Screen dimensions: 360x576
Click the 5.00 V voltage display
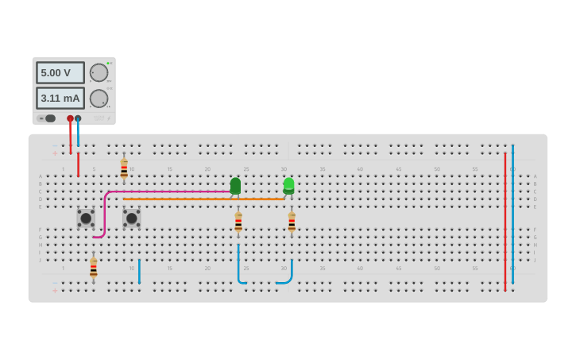tap(60, 73)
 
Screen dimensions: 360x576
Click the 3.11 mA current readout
tap(60, 99)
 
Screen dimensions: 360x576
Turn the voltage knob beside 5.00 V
tap(99, 73)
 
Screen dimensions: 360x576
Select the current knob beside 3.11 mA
tap(99, 99)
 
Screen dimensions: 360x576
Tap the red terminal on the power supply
tap(70, 118)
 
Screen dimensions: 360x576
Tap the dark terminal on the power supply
tap(78, 118)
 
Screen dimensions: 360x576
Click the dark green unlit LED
tap(235, 186)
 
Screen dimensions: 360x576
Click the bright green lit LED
tap(288, 185)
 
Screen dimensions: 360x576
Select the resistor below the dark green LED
tap(238, 222)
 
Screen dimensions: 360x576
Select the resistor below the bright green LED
tap(292, 222)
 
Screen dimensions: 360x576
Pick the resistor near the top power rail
tap(124, 168)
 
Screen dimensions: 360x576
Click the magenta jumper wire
tap(167, 192)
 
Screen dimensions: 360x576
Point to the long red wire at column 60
tap(504, 223)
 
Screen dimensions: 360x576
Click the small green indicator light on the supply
tap(108, 63)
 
